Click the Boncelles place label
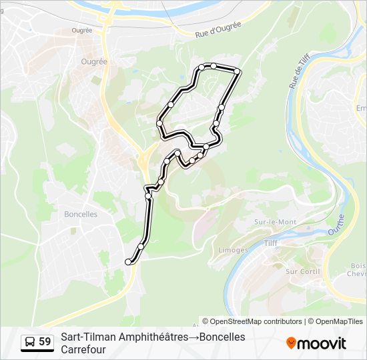[81, 214]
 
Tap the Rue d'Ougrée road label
[218, 29]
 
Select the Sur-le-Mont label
[275, 221]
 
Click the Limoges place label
[233, 250]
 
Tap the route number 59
[45, 342]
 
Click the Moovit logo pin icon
[291, 343]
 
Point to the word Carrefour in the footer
[83, 349]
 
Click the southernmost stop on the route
[128, 262]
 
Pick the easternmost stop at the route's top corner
[236, 71]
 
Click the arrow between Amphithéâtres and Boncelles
[194, 337]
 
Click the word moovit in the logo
[322, 343]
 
